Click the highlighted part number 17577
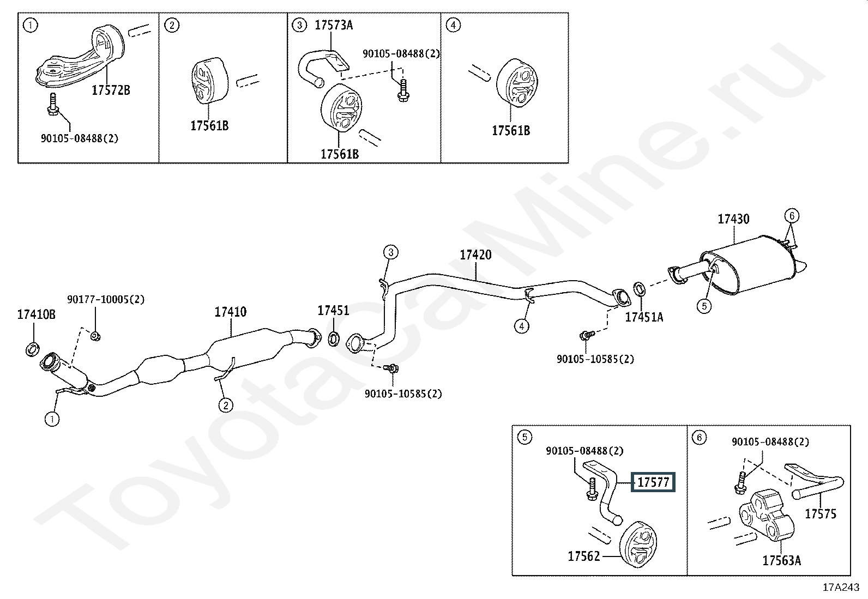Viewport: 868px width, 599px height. [653, 482]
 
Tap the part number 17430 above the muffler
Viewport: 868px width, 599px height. [733, 219]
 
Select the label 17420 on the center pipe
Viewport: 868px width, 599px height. [475, 255]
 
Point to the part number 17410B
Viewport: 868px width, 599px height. [37, 314]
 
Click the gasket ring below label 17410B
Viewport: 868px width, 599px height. [33, 349]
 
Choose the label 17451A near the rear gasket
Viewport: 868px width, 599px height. [644, 317]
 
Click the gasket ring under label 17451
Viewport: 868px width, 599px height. [334, 338]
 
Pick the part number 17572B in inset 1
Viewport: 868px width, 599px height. [111, 90]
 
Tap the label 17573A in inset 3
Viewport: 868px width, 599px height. [334, 25]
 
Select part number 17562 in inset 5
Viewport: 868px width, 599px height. [583, 556]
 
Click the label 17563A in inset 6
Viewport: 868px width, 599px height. [782, 561]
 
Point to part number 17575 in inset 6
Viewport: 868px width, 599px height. [821, 514]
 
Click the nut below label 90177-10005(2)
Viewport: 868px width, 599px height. [95, 336]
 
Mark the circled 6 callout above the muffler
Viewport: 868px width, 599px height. [792, 216]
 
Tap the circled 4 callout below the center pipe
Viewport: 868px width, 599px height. [522, 326]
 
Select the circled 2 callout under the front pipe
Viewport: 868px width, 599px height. [226, 406]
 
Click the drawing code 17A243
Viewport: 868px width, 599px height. [841, 588]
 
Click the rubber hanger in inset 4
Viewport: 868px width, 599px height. [517, 83]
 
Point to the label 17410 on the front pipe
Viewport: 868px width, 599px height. [231, 312]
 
